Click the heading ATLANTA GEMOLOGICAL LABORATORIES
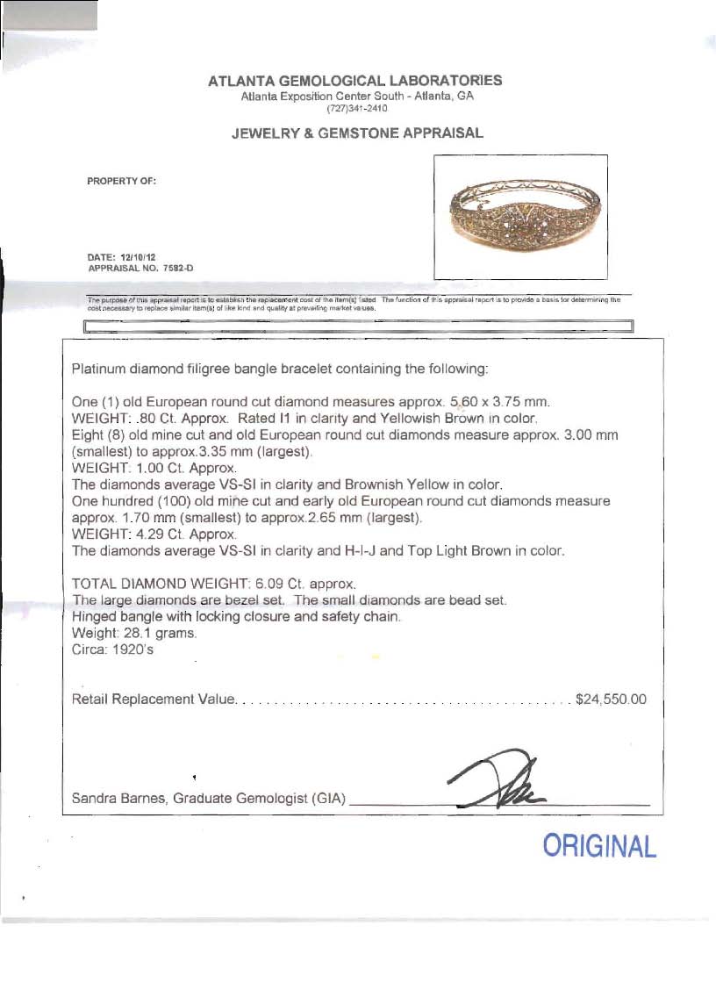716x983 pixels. tap(354, 81)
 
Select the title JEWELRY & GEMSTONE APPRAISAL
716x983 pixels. tap(356, 133)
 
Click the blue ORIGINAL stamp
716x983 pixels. tap(599, 847)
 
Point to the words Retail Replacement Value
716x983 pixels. tap(154, 700)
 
